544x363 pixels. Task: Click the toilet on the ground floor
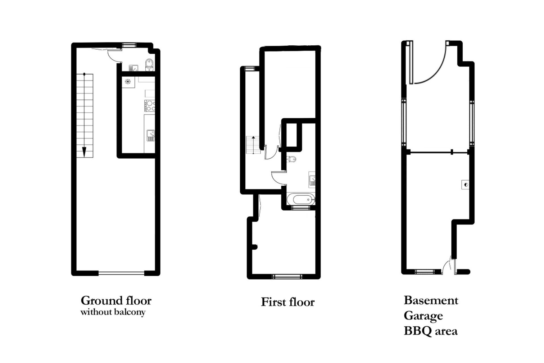click(x=149, y=65)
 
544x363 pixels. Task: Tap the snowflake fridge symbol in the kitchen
click(x=128, y=82)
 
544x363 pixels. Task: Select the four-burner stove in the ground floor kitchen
click(x=150, y=105)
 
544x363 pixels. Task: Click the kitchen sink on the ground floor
click(x=150, y=135)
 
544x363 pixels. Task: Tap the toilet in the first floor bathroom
click(x=291, y=159)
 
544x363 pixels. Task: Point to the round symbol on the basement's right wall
click(x=466, y=185)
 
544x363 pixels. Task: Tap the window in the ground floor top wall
click(x=129, y=45)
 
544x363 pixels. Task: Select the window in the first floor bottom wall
click(x=287, y=276)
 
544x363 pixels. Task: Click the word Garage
click(x=423, y=316)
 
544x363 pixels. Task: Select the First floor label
click(x=288, y=302)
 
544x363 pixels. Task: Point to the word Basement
click(x=431, y=300)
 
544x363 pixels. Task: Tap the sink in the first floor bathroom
click(x=312, y=179)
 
